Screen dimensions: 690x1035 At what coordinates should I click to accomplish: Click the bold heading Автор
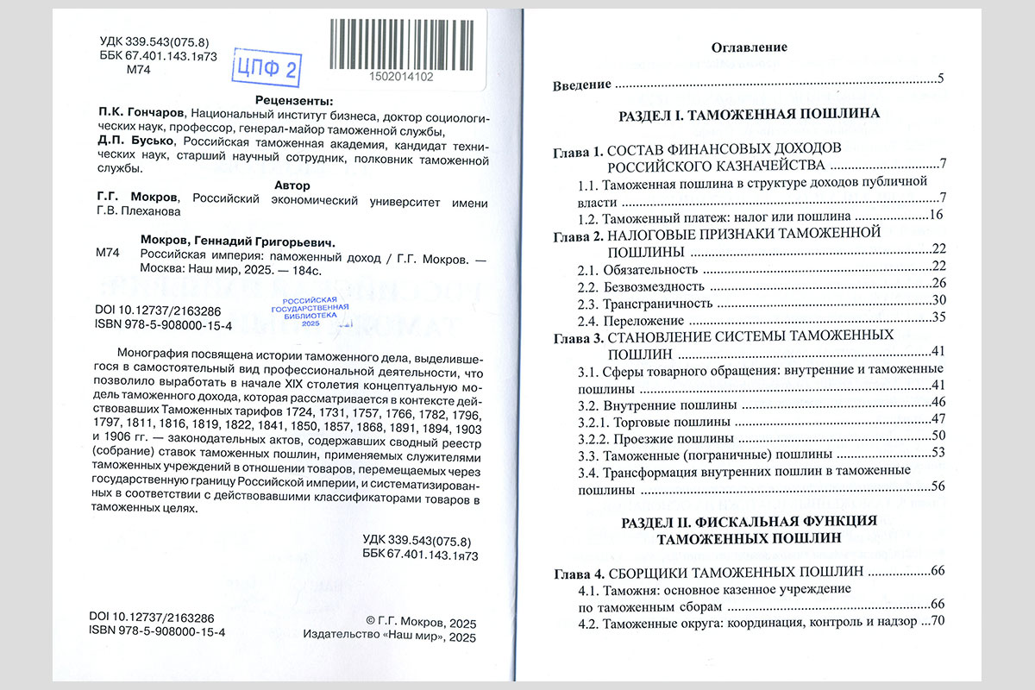pos(291,185)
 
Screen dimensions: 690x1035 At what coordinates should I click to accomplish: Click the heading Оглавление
pos(749,48)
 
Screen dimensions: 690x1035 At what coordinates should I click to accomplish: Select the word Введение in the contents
pos(582,85)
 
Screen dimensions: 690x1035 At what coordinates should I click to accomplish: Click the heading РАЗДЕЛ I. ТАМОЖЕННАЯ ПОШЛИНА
pos(749,114)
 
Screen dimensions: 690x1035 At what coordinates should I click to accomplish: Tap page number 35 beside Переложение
pos(939,317)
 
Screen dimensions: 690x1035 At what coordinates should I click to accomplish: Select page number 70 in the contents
pos(939,621)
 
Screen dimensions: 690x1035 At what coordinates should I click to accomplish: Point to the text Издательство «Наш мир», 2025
pos(390,637)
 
